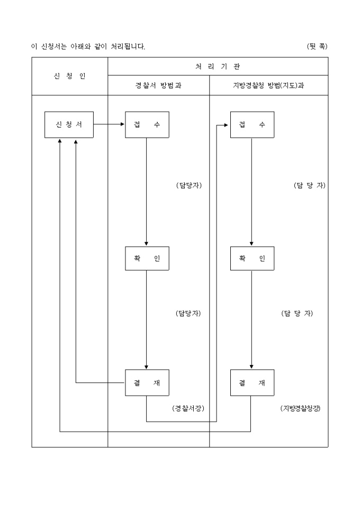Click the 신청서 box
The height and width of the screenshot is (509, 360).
(69, 125)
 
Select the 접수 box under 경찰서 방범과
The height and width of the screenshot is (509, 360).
(147, 125)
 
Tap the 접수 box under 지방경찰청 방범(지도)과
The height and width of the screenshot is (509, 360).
(252, 125)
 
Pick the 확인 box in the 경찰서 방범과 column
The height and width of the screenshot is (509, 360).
(147, 258)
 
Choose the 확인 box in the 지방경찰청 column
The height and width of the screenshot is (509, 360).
(252, 258)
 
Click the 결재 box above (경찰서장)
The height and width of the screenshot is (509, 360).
(147, 383)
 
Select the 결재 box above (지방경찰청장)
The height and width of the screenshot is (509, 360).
(252, 383)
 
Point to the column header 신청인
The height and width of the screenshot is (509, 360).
(69, 76)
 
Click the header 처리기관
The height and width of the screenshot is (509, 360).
(218, 66)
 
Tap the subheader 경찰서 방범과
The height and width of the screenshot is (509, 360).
(158, 86)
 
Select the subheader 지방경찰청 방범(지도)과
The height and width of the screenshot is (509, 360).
(268, 86)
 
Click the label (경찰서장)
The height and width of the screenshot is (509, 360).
(188, 408)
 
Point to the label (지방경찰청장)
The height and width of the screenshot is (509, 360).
(300, 408)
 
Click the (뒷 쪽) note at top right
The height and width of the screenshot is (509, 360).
(317, 47)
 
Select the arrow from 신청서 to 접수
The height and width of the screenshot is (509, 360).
(109, 125)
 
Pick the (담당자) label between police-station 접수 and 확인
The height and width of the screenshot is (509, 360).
(189, 185)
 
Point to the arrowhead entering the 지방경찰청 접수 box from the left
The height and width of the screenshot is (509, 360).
(227, 125)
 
